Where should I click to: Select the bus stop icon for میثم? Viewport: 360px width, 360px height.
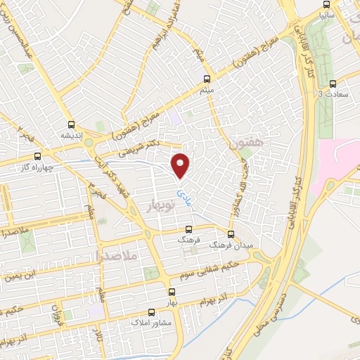(206, 79)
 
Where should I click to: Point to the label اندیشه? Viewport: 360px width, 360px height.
(71, 135)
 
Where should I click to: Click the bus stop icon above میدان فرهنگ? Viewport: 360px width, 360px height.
(231, 233)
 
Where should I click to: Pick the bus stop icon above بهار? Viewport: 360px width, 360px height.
(171, 292)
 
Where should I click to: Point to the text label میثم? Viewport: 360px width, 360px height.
(206, 89)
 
